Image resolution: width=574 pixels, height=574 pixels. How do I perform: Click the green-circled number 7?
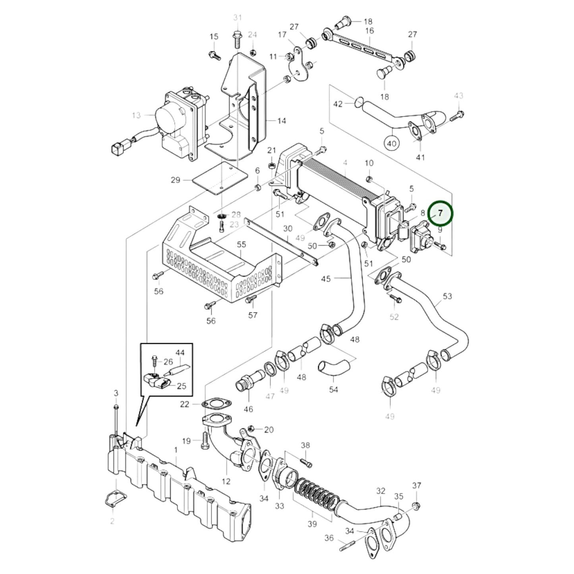point(440,213)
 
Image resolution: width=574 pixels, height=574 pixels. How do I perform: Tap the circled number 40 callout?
point(392,143)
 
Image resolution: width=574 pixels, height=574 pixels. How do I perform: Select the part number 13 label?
point(136,115)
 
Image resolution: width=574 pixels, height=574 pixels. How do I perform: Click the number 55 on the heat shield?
point(242,245)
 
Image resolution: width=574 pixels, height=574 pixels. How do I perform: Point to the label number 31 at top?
point(238,17)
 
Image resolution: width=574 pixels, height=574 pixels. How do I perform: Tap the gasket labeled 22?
point(216,404)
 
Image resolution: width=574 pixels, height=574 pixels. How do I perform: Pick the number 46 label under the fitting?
point(248,409)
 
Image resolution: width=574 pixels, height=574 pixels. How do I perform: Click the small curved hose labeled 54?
point(334,365)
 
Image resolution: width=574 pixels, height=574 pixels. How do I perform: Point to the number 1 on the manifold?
point(176,450)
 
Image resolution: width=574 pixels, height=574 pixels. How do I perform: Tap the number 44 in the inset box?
point(180,352)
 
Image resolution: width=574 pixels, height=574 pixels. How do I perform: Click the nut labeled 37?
point(416,506)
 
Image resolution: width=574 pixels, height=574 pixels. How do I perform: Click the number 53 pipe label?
point(447,296)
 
